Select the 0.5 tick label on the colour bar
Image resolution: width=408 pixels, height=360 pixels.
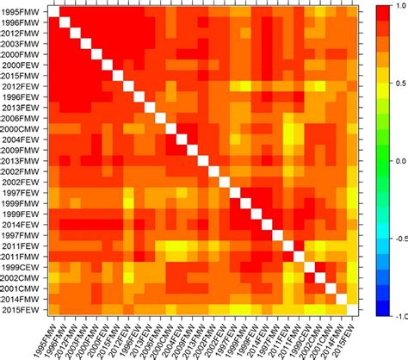click(399, 84)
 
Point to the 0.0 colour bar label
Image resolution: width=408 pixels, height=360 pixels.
click(399, 161)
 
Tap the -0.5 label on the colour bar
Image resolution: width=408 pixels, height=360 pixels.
click(397, 238)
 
